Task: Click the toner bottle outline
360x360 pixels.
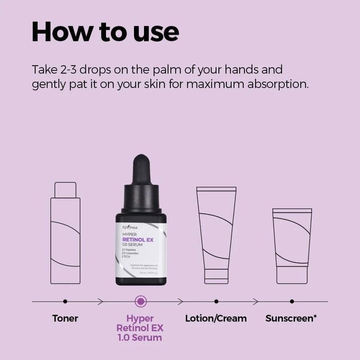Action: tap(65, 240)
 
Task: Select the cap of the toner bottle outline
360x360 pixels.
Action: tap(65, 190)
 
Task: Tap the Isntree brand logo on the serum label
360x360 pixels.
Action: tap(130, 228)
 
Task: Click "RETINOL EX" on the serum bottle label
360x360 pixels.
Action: tap(138, 240)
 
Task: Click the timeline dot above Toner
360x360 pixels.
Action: tap(65, 301)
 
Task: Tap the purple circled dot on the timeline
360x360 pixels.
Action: tap(141, 301)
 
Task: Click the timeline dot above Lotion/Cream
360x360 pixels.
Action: tap(216, 301)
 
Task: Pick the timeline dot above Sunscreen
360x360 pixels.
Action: tap(292, 301)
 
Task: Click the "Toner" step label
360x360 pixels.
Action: tap(65, 318)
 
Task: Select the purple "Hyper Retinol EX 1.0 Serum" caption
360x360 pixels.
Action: tap(140, 328)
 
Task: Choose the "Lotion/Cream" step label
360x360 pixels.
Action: tap(216, 318)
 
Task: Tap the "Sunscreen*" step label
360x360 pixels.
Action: tap(292, 318)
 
